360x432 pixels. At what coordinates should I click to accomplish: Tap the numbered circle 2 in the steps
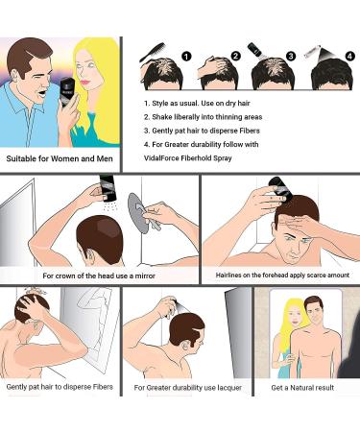point(237,57)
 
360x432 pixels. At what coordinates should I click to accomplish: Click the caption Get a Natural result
point(305,388)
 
